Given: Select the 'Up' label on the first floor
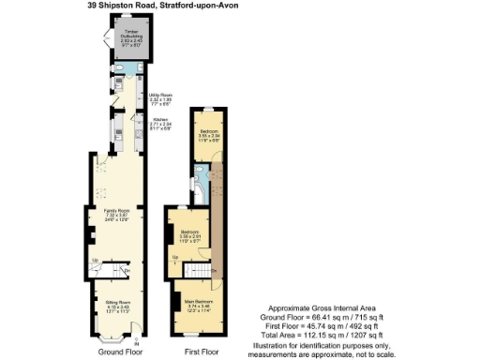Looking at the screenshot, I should point(175,256).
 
